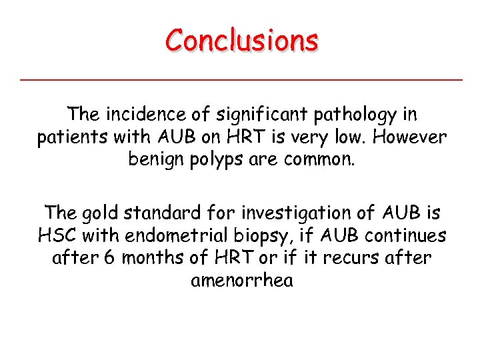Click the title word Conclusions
(242, 41)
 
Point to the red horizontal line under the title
(241, 80)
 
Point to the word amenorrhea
(241, 281)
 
